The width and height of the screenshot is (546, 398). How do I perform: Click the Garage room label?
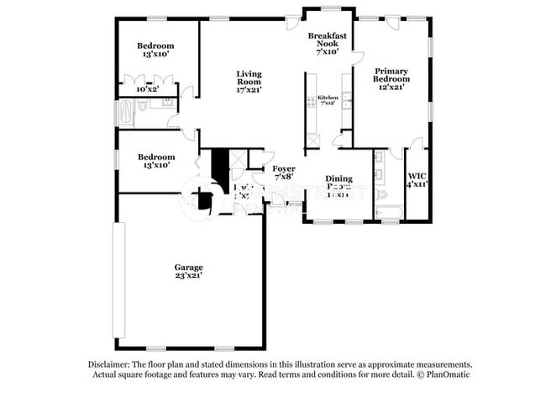[x=188, y=267]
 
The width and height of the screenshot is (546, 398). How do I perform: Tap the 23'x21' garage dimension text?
[x=188, y=275]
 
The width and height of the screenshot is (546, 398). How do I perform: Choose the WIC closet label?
[x=417, y=175]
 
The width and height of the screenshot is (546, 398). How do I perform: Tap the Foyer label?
[x=283, y=168]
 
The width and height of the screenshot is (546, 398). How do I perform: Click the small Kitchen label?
[x=328, y=98]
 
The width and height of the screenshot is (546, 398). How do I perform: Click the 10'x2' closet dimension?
[x=148, y=88]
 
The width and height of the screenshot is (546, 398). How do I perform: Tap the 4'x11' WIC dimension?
[x=417, y=183]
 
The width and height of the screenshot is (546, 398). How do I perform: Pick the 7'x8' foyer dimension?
[x=283, y=177]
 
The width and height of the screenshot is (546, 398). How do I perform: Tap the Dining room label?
[x=339, y=179]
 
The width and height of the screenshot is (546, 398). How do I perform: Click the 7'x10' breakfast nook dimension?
[x=327, y=51]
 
